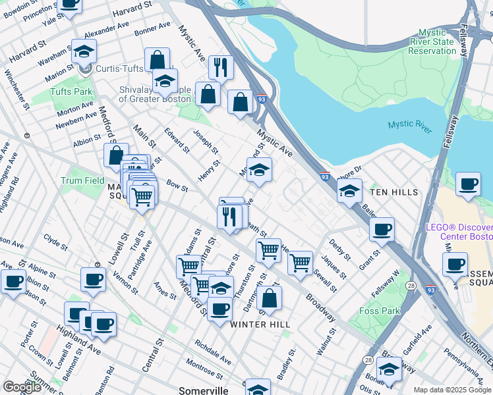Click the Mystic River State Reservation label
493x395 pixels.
point(432,42)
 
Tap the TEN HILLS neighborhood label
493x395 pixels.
point(393,192)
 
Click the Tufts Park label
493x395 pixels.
point(73,92)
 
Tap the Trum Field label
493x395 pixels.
point(82,180)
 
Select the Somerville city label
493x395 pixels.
point(204,390)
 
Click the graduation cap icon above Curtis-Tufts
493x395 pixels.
point(84,51)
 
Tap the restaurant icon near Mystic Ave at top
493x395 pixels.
point(221,66)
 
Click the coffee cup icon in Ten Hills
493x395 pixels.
point(382,229)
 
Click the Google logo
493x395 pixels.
point(22,387)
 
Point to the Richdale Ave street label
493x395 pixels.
point(212,352)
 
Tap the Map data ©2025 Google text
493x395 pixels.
point(452,390)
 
